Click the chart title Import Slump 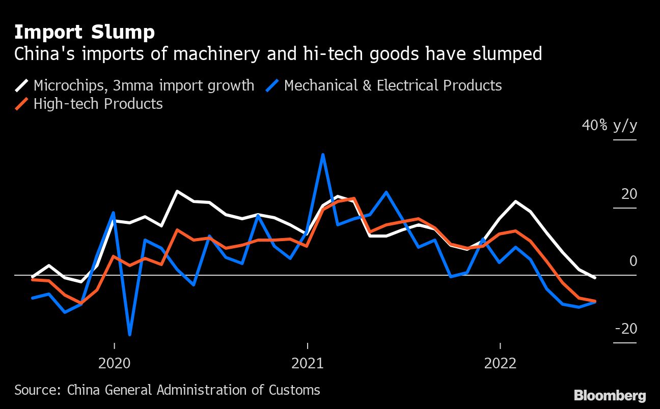(85, 33)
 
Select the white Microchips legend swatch (22, 85)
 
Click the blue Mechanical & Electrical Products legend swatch (272, 85)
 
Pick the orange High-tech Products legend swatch (22, 104)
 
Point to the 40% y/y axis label (609, 125)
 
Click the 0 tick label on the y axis (633, 261)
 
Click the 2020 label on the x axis (115, 363)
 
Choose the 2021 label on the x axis (308, 363)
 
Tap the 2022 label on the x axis (501, 363)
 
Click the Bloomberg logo (610, 395)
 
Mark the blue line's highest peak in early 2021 (323, 154)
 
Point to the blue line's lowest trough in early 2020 (130, 334)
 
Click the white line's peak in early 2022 (516, 201)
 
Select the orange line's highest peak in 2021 (353, 198)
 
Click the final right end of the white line (595, 278)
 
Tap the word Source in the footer (37, 390)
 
